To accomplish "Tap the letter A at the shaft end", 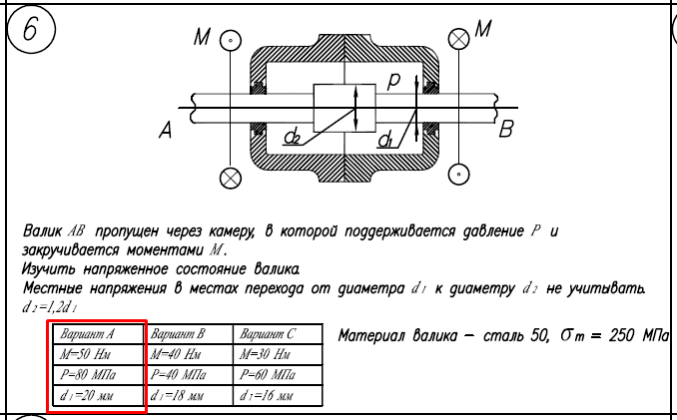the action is [166, 128].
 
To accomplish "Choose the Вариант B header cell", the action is [186, 334].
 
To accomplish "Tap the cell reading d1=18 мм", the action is [186, 398].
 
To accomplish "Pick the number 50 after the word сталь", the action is [526, 335].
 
